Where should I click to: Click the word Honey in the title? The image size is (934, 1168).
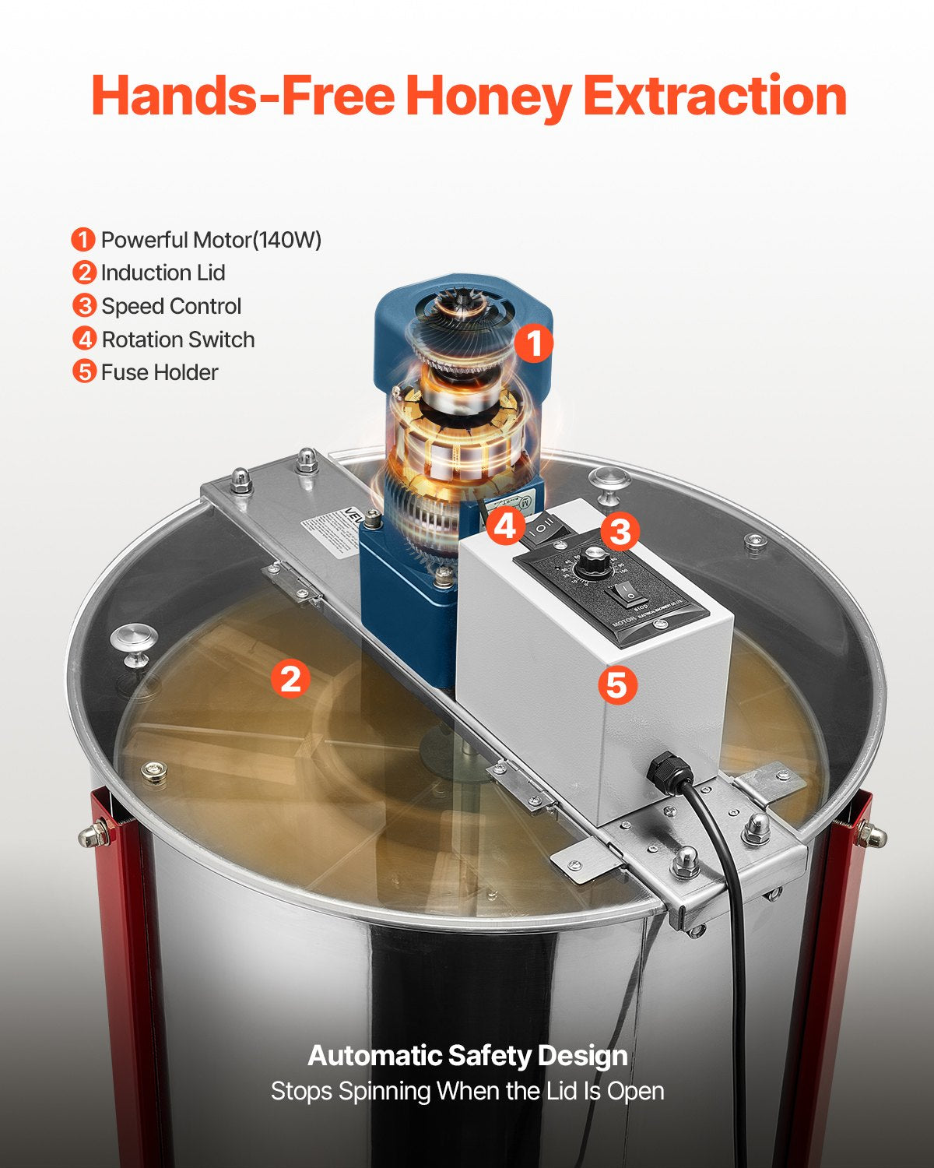488,97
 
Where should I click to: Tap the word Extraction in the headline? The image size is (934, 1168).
715,97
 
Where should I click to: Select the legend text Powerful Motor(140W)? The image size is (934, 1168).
211,240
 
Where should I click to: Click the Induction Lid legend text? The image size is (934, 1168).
163,273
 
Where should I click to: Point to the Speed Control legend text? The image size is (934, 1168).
171,307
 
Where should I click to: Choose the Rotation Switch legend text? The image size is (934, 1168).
178,340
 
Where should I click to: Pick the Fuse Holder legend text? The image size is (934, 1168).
160,373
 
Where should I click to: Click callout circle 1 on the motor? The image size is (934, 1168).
533,343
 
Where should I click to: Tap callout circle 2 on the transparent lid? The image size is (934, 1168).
290,678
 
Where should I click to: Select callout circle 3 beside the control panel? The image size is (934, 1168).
620,532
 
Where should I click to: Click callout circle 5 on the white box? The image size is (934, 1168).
617,685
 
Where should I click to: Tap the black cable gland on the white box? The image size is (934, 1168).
669,772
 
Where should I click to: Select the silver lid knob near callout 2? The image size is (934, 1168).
134,643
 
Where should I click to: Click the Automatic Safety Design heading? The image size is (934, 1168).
467,1056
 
